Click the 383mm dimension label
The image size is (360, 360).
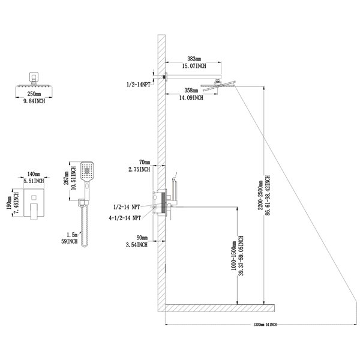pyautogui.click(x=193, y=59)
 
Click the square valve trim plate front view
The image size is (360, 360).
pyautogui.click(x=31, y=202)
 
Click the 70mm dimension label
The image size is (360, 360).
pyautogui.click(x=144, y=162)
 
